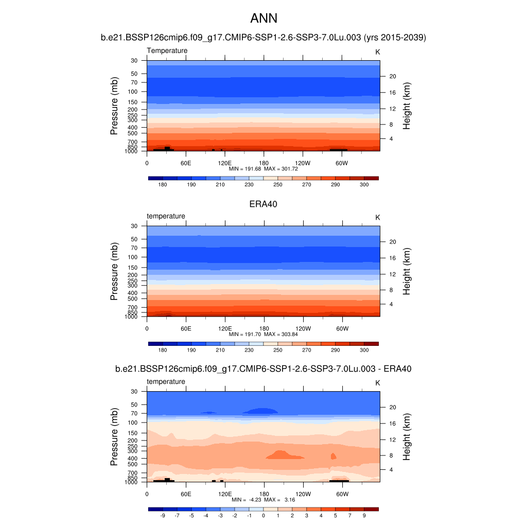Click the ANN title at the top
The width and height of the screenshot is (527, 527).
(x=263, y=19)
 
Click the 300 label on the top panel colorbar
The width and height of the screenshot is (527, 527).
(x=364, y=184)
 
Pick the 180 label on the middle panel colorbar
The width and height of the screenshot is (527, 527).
(x=163, y=350)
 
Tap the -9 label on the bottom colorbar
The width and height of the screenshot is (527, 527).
(x=163, y=515)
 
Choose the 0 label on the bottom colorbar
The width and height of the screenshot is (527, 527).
(x=263, y=515)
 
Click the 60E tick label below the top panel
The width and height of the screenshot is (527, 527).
(x=186, y=163)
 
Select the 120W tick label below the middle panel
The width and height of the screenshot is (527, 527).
(x=303, y=328)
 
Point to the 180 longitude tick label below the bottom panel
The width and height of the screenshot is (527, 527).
(x=264, y=494)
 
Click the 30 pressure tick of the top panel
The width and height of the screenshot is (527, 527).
(x=134, y=61)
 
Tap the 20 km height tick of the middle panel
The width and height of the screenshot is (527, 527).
(x=392, y=242)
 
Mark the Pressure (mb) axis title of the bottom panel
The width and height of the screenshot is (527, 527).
(x=114, y=437)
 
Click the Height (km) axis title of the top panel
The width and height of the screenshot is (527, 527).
(x=406, y=106)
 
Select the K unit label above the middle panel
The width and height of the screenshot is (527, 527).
(x=377, y=218)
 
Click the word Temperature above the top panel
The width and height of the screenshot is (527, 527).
(x=167, y=50)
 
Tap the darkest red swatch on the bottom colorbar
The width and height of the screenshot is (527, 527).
(x=371, y=509)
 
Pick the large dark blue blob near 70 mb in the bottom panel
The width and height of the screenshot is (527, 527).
(x=260, y=411)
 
